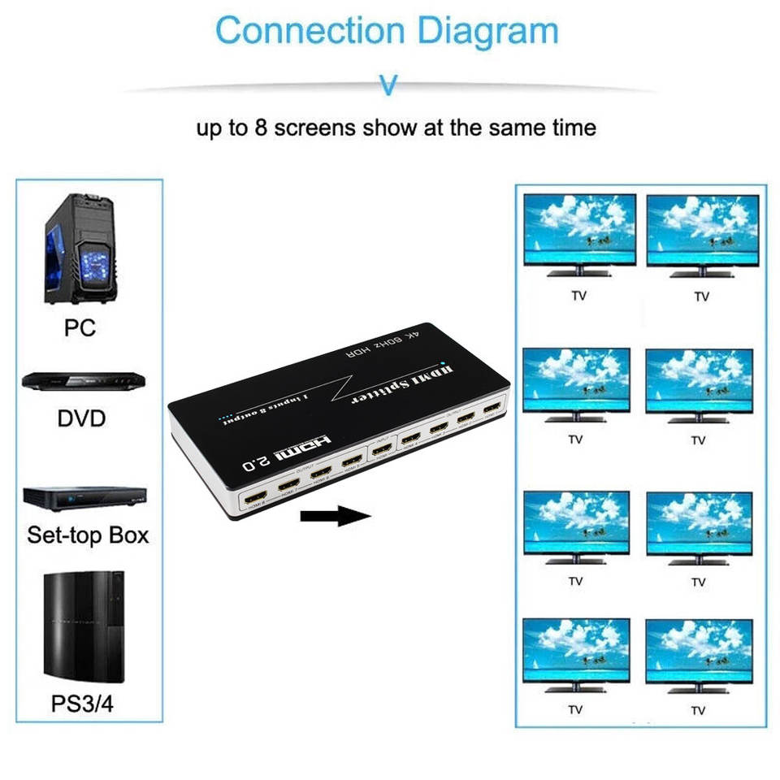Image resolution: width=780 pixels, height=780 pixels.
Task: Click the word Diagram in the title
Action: point(487,31)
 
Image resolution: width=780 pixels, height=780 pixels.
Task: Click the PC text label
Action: point(80,327)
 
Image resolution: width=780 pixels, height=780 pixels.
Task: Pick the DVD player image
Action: point(84,381)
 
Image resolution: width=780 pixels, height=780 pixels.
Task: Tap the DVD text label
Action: point(82,419)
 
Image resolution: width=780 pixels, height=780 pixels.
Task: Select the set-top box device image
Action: point(84,496)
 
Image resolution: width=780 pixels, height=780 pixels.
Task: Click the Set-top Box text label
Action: point(88,535)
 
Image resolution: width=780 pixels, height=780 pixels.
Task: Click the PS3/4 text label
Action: point(83,703)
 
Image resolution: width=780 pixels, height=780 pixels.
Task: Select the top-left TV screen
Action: point(579,230)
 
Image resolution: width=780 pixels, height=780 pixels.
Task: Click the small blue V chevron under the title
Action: point(389,85)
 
